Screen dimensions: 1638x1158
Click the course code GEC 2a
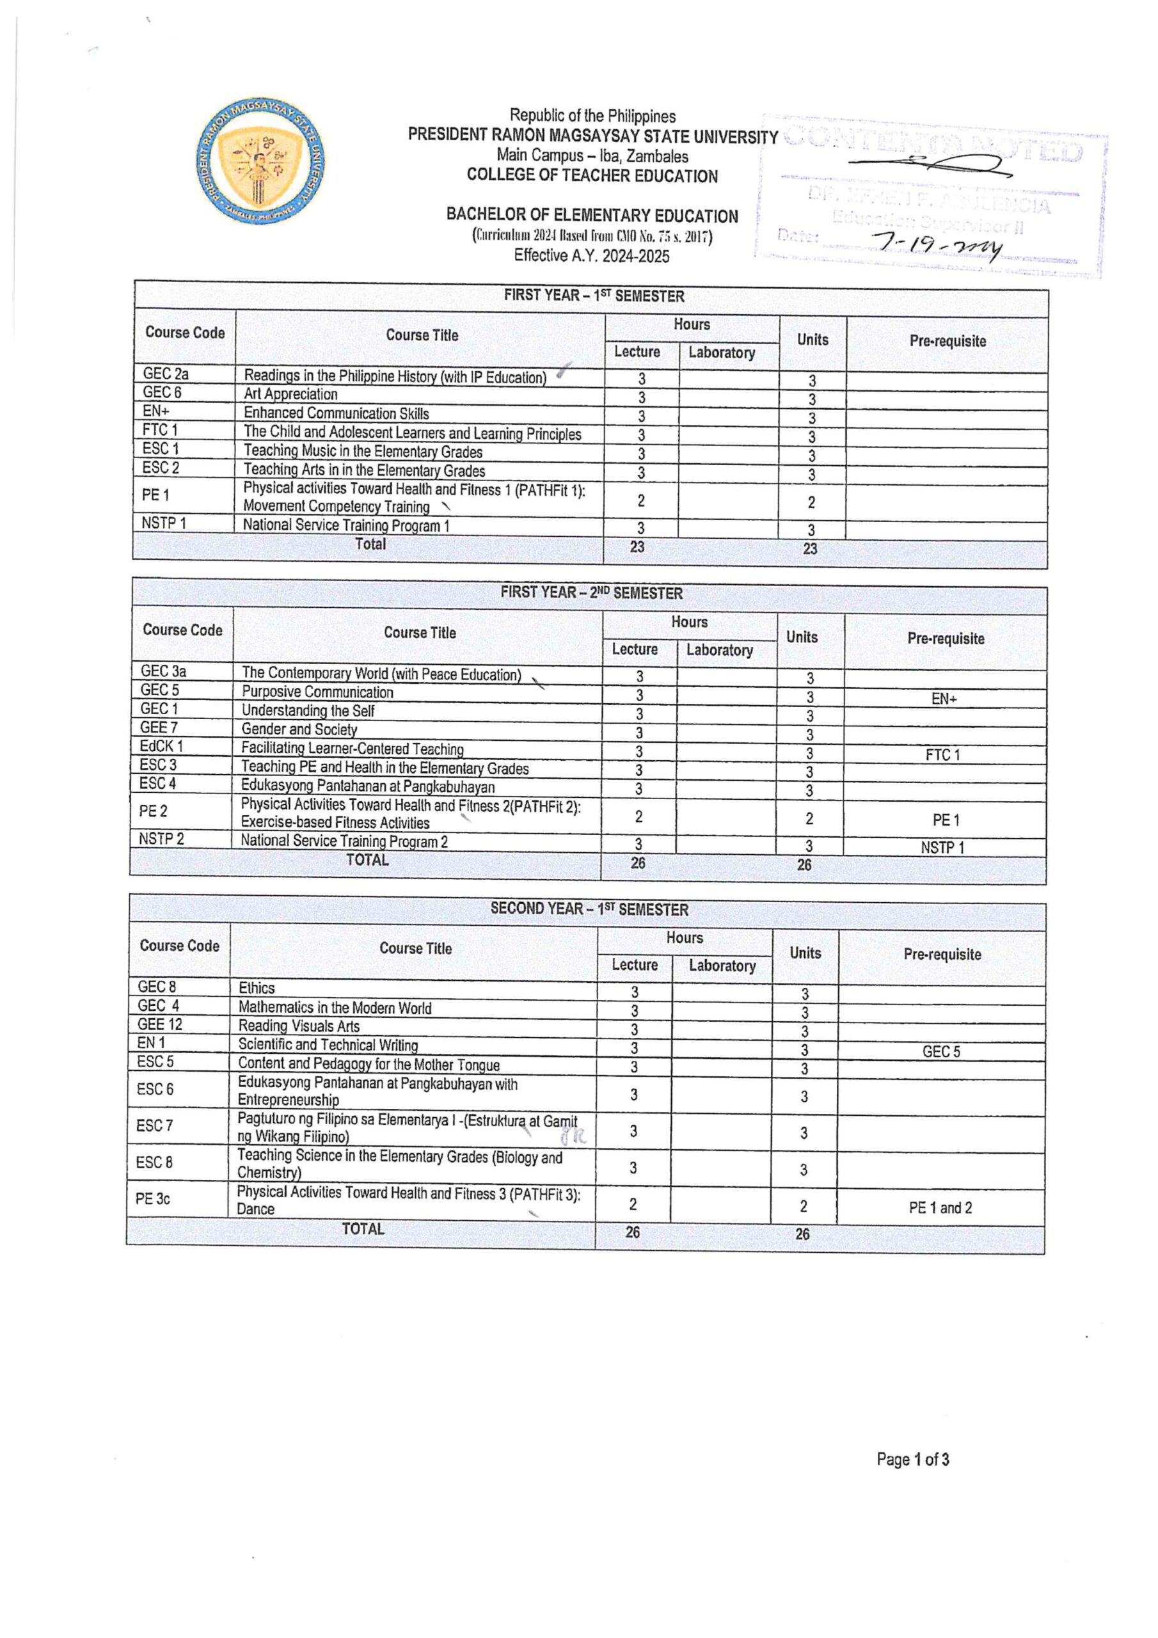point(166,373)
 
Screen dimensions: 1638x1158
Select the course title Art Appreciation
point(290,394)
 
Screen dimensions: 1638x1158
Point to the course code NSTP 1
point(163,523)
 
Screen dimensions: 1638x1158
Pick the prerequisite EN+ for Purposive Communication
point(943,699)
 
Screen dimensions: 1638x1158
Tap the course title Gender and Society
point(299,729)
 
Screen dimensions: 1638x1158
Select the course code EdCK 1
point(161,746)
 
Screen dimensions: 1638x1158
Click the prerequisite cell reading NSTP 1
point(942,848)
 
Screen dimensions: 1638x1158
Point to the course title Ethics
point(256,988)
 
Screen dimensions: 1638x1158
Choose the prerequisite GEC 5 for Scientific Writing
point(941,1051)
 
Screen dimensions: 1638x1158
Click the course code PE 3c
point(153,1198)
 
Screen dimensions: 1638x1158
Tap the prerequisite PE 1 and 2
point(940,1208)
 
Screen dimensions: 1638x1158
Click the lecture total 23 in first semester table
point(637,546)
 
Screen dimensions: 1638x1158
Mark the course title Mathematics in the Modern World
point(335,1008)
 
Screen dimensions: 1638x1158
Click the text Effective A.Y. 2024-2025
point(592,256)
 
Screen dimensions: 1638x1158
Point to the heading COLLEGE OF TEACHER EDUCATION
point(592,176)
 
